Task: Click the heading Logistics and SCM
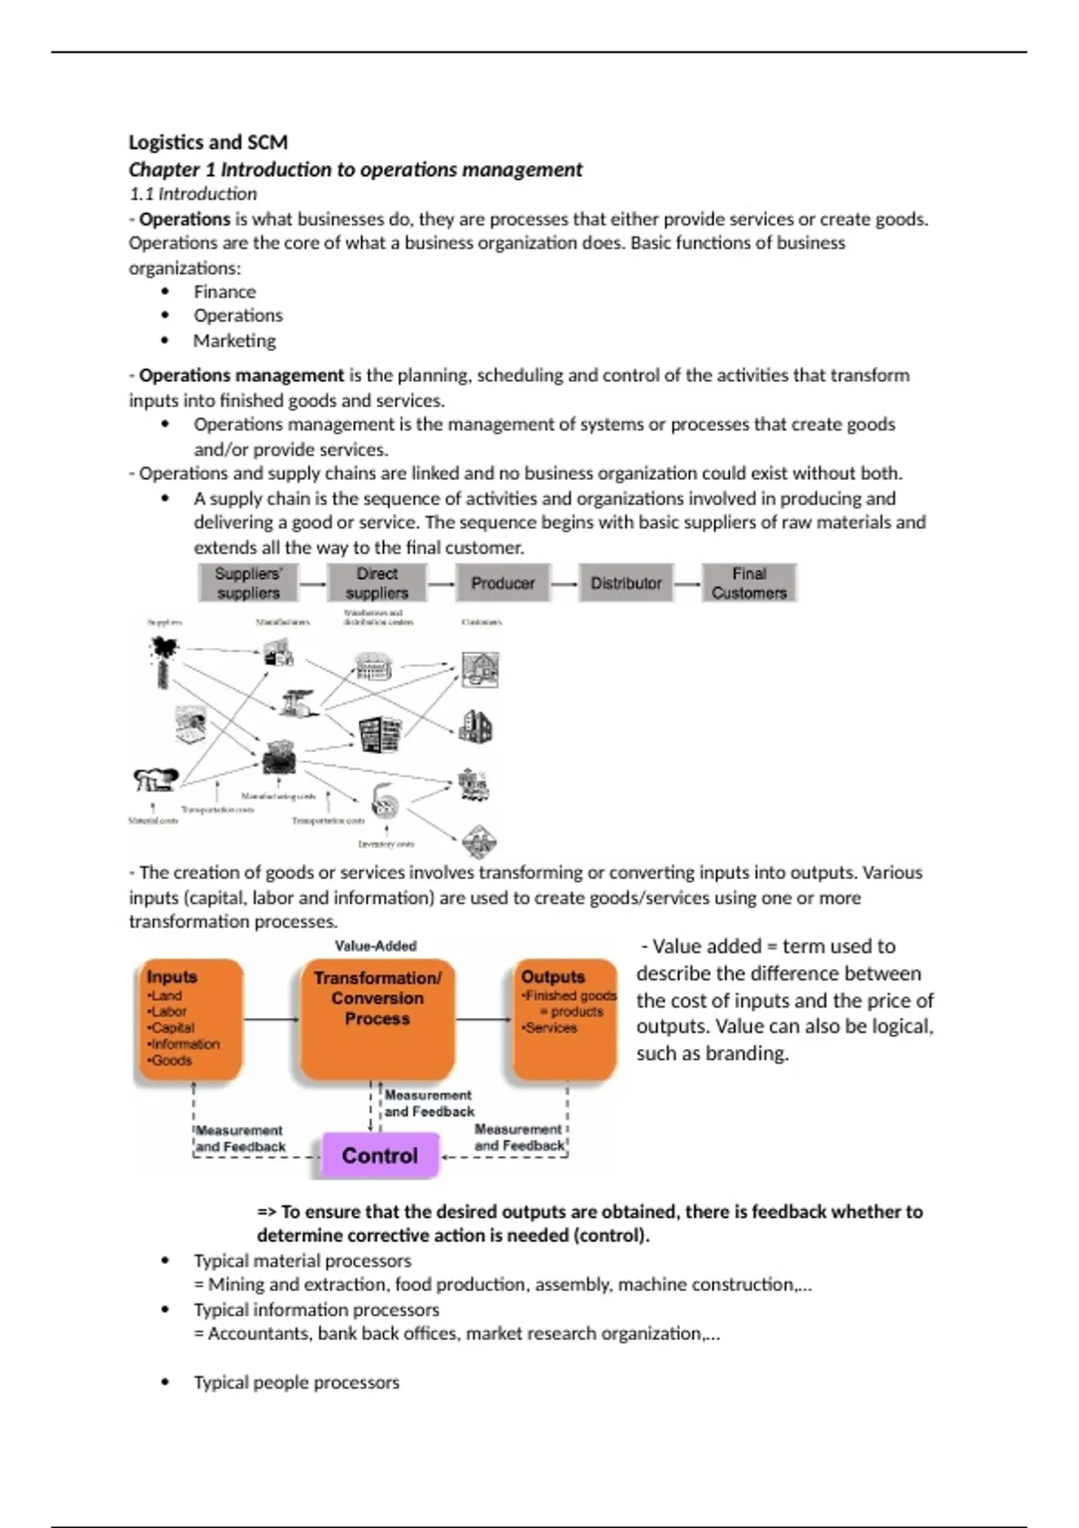click(x=208, y=142)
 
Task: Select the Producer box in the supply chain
click(x=503, y=583)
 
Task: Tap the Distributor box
click(x=626, y=583)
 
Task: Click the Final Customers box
click(x=749, y=583)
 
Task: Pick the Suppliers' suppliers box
click(x=248, y=583)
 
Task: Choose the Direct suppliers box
click(x=377, y=583)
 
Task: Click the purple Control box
click(x=379, y=1155)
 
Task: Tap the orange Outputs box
click(x=566, y=1020)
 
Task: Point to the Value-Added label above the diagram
click(x=376, y=946)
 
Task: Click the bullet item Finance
click(x=225, y=292)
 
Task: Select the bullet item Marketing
click(x=235, y=341)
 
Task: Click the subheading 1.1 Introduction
click(x=193, y=194)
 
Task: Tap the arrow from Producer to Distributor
click(x=565, y=584)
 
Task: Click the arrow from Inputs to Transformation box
click(x=271, y=1019)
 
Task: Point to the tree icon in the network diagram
click(x=164, y=661)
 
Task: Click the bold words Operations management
click(x=241, y=376)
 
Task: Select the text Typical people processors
click(x=297, y=1382)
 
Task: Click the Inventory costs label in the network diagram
click(x=387, y=844)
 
